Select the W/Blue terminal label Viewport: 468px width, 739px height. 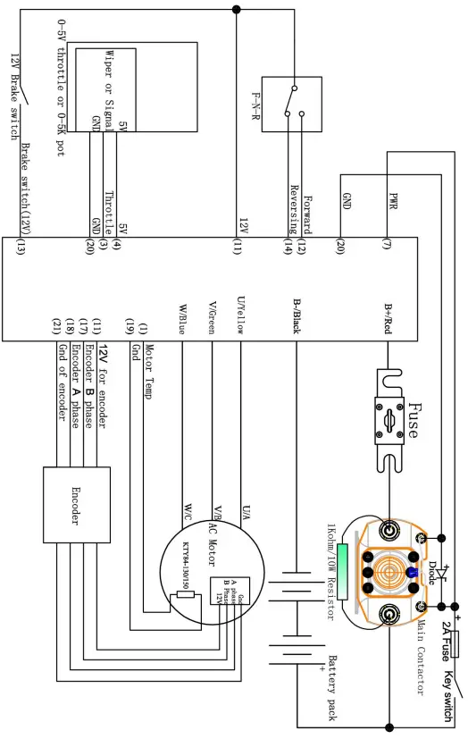pyautogui.click(x=182, y=316)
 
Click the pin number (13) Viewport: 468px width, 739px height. pyautogui.click(x=20, y=248)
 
